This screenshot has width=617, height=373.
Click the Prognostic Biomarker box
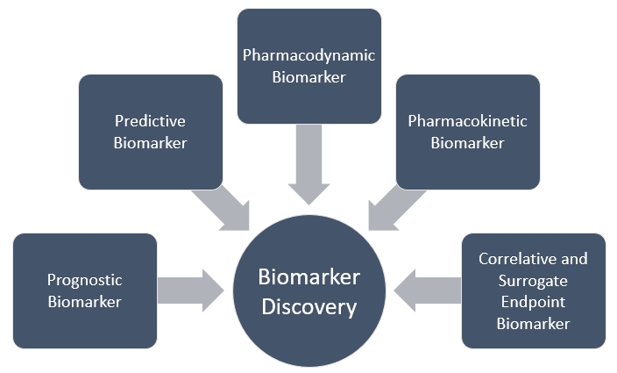point(85,291)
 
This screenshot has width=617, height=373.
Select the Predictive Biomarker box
point(150,132)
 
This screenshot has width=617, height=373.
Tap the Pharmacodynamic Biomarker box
point(309,66)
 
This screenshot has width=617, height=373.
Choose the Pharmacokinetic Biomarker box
point(467,132)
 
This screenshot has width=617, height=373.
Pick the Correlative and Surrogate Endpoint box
point(533,291)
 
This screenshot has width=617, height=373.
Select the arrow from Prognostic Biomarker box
point(191,290)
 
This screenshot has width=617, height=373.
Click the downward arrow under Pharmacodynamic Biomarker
point(308,163)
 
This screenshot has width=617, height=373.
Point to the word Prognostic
point(84,280)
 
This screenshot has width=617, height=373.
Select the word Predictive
point(150,121)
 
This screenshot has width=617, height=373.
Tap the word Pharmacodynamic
point(308,55)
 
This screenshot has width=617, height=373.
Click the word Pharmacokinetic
point(467,121)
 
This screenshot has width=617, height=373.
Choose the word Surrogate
point(533,281)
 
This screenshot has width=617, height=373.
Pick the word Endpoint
point(533,302)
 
